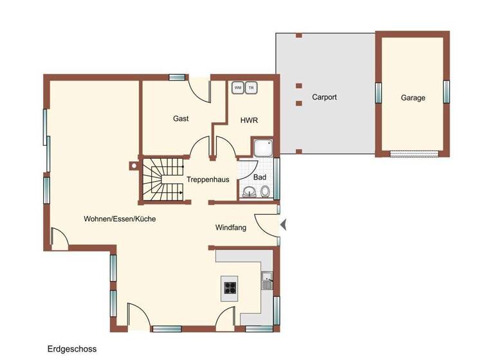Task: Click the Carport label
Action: [324, 98]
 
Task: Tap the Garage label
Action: [413, 98]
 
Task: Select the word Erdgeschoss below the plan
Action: [72, 349]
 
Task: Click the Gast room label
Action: [181, 119]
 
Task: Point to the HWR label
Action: [249, 120]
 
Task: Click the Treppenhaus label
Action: [208, 179]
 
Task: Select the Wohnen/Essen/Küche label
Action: [120, 219]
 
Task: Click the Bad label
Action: [260, 177]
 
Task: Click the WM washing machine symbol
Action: [238, 87]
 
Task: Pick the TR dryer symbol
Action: [251, 87]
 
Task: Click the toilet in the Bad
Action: [264, 191]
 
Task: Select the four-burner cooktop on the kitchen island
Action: [230, 287]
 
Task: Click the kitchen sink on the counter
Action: [267, 281]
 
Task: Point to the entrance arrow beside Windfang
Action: [284, 224]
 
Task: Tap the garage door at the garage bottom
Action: [413, 154]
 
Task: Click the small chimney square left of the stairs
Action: [133, 165]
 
